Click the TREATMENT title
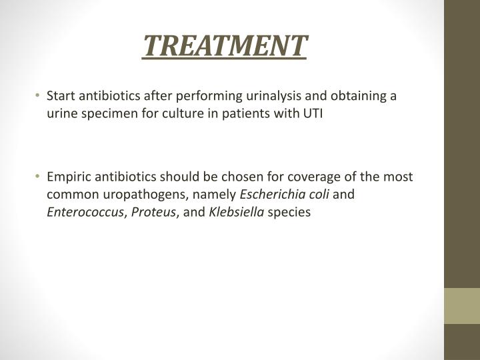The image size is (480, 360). point(225,46)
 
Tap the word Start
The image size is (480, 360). point(61,96)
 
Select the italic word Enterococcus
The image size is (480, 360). point(85,212)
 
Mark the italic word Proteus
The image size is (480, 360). point(153,212)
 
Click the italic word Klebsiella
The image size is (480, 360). point(236,212)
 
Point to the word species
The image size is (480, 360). point(289,213)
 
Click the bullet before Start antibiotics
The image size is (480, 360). point(37,95)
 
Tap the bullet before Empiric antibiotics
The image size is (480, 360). point(37,176)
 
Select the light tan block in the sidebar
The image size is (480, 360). point(462,306)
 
